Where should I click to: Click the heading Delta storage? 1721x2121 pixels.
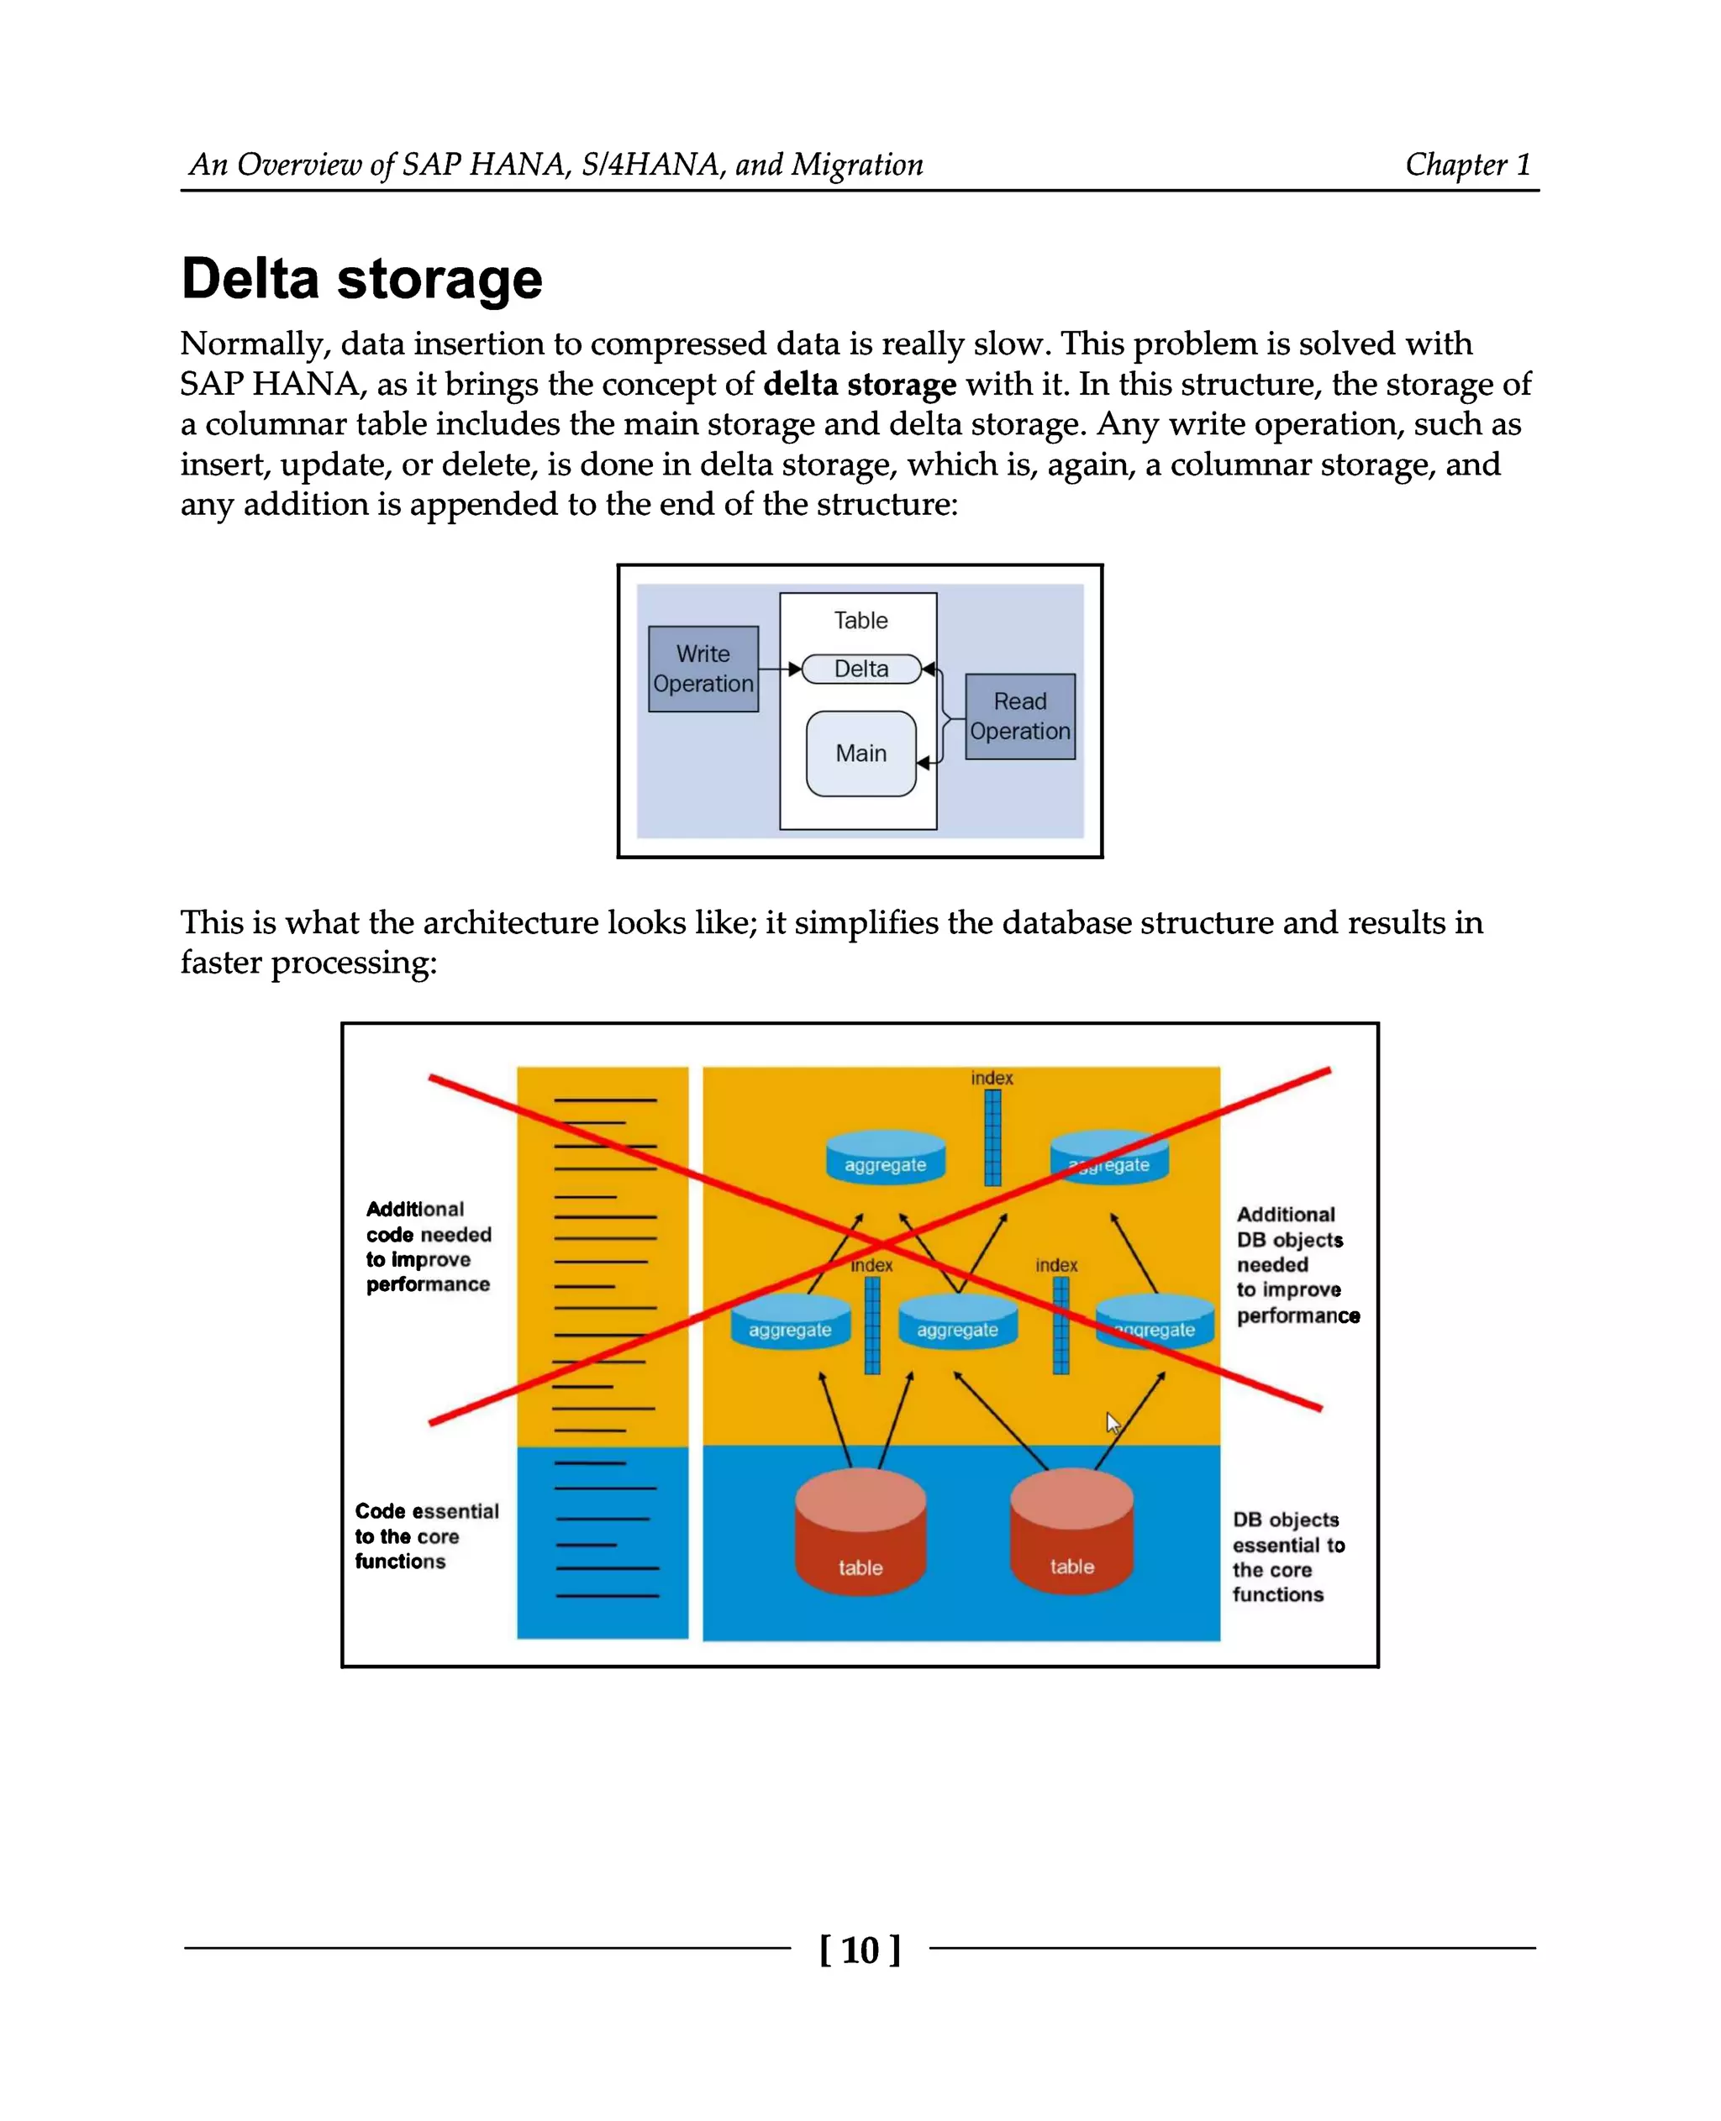(x=362, y=279)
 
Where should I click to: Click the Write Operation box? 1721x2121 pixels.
(x=703, y=669)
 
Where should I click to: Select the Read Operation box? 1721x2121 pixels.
(x=1020, y=717)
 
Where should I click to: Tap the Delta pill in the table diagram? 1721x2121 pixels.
(x=860, y=669)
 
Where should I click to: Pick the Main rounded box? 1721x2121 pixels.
(x=860, y=753)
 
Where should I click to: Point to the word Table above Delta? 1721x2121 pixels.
(x=860, y=621)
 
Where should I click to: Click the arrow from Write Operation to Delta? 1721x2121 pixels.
(x=780, y=669)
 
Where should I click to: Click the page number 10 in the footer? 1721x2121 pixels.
(x=860, y=1950)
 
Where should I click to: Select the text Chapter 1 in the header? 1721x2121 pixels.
(x=1467, y=165)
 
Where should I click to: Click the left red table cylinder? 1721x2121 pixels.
(x=860, y=1531)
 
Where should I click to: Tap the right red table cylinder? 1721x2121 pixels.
(x=1071, y=1531)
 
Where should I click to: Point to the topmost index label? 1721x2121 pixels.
(x=992, y=1078)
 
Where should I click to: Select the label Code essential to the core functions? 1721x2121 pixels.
(x=426, y=1536)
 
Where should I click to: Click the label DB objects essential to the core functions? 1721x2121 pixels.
(x=1287, y=1556)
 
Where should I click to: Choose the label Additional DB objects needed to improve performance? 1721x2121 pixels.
(x=1296, y=1265)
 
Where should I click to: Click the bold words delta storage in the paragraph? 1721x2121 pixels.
(x=860, y=385)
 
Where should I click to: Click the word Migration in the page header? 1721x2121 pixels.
(x=856, y=165)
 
